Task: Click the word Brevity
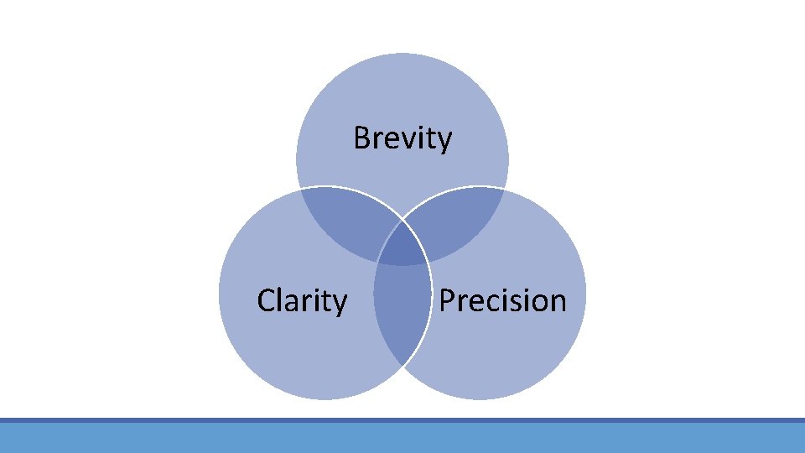[402, 138]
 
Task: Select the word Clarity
[302, 299]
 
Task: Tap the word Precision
[502, 299]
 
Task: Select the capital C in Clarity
[266, 299]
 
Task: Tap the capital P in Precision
[448, 299]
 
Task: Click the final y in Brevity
[444, 141]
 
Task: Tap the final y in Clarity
[339, 304]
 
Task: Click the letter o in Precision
[537, 302]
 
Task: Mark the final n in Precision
[557, 302]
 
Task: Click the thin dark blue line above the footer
[402, 419]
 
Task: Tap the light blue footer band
[402, 437]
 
